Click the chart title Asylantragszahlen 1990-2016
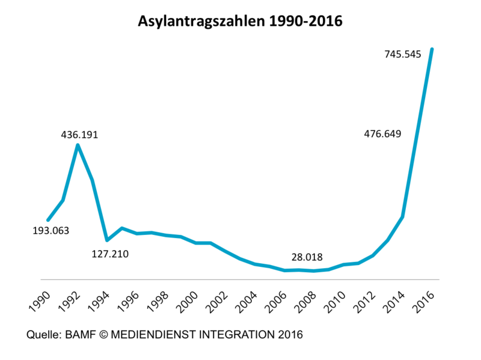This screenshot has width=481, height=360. [240, 22]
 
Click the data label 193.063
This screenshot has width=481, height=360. [51, 230]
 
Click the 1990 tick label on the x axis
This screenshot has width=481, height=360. [40, 297]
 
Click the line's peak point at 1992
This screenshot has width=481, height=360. [78, 145]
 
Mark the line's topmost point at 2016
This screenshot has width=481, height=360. [432, 49]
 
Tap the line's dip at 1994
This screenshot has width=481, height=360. [107, 240]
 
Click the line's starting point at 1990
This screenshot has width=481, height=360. [48, 220]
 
